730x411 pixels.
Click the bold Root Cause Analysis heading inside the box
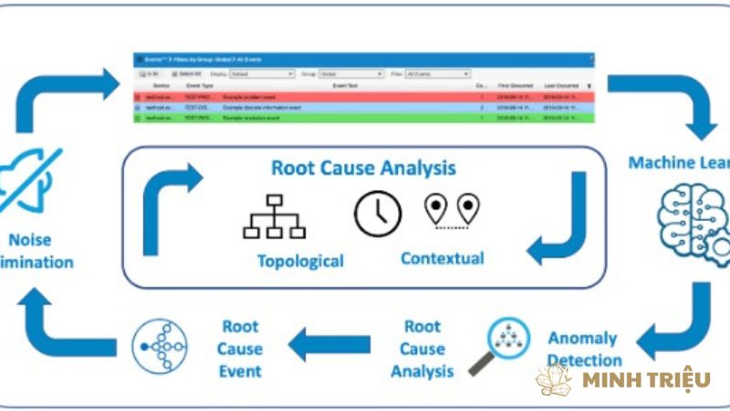coord(363,168)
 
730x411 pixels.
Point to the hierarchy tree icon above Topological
coord(274,216)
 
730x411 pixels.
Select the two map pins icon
coord(452,209)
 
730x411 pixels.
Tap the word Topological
coord(299,261)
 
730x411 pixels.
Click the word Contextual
coord(442,258)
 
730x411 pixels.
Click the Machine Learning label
coord(679,163)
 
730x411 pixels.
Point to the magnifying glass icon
coord(498,345)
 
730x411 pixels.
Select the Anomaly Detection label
coord(584,349)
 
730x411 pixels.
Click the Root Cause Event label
coord(239,348)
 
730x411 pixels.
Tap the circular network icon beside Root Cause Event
coord(159,348)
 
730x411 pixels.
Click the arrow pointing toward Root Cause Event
coord(329,344)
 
